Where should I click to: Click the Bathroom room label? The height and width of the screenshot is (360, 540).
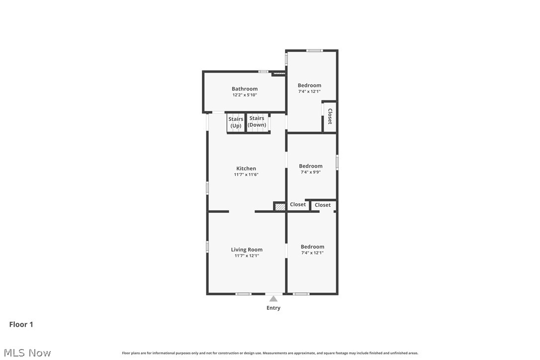(245, 89)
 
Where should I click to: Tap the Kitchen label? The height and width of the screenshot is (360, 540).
(246, 169)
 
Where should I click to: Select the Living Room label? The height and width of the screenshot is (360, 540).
(247, 250)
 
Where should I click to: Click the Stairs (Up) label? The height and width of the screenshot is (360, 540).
(236, 122)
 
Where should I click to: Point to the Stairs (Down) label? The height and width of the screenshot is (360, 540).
(257, 121)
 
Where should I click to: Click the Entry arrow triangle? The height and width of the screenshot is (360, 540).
(273, 298)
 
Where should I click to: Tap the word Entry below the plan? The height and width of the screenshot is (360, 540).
(273, 308)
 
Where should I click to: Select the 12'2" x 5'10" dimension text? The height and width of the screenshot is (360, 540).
(245, 95)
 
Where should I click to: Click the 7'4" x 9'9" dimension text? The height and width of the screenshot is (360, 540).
(311, 172)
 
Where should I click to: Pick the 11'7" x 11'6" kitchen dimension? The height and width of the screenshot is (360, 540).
(246, 175)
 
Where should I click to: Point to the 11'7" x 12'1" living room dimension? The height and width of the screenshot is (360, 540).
(247, 256)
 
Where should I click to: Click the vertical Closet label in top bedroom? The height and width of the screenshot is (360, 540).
(330, 116)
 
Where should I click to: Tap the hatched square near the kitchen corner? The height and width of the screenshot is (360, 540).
(280, 206)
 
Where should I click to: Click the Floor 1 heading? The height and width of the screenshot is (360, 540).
(21, 324)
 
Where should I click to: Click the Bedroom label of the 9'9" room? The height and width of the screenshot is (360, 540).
(311, 166)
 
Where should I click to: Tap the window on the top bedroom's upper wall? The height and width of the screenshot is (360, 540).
(314, 50)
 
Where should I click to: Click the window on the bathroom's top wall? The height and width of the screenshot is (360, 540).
(264, 72)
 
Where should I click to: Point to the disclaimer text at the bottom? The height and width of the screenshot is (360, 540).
(270, 353)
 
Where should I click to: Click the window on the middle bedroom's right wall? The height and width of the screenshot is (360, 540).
(337, 162)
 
